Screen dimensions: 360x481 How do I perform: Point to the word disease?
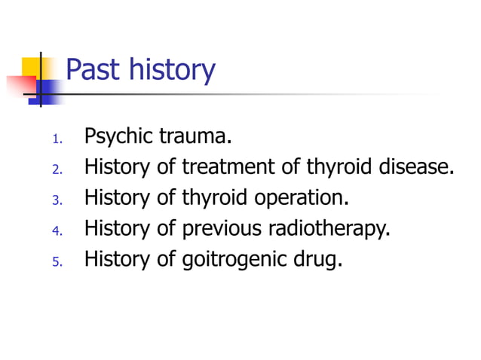(x=417, y=167)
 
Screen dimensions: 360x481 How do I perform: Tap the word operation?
(x=302, y=199)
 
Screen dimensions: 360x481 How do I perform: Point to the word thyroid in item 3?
(x=213, y=198)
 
